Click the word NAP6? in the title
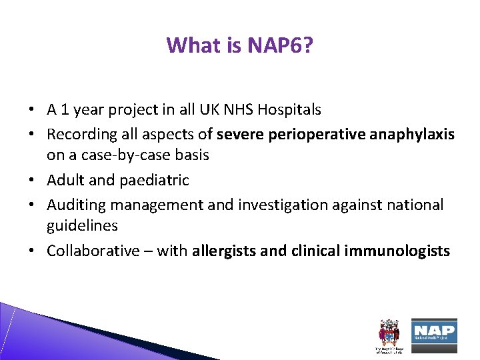(279, 45)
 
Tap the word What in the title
(189, 45)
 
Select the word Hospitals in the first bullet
(290, 109)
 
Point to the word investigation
(283, 205)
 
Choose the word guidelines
(82, 226)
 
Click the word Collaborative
(94, 251)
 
